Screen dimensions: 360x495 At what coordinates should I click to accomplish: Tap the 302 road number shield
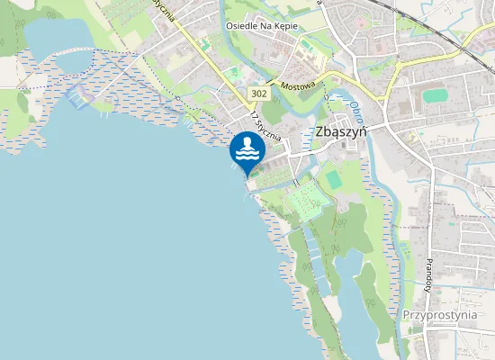click(x=259, y=92)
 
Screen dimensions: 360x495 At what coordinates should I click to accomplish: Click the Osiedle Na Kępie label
click(x=263, y=27)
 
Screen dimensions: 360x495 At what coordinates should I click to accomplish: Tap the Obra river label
click(x=355, y=107)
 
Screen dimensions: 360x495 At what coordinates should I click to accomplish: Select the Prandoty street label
click(x=429, y=271)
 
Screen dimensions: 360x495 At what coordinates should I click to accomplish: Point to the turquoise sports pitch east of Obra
click(x=436, y=94)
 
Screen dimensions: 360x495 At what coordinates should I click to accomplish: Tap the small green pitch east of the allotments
click(x=334, y=180)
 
